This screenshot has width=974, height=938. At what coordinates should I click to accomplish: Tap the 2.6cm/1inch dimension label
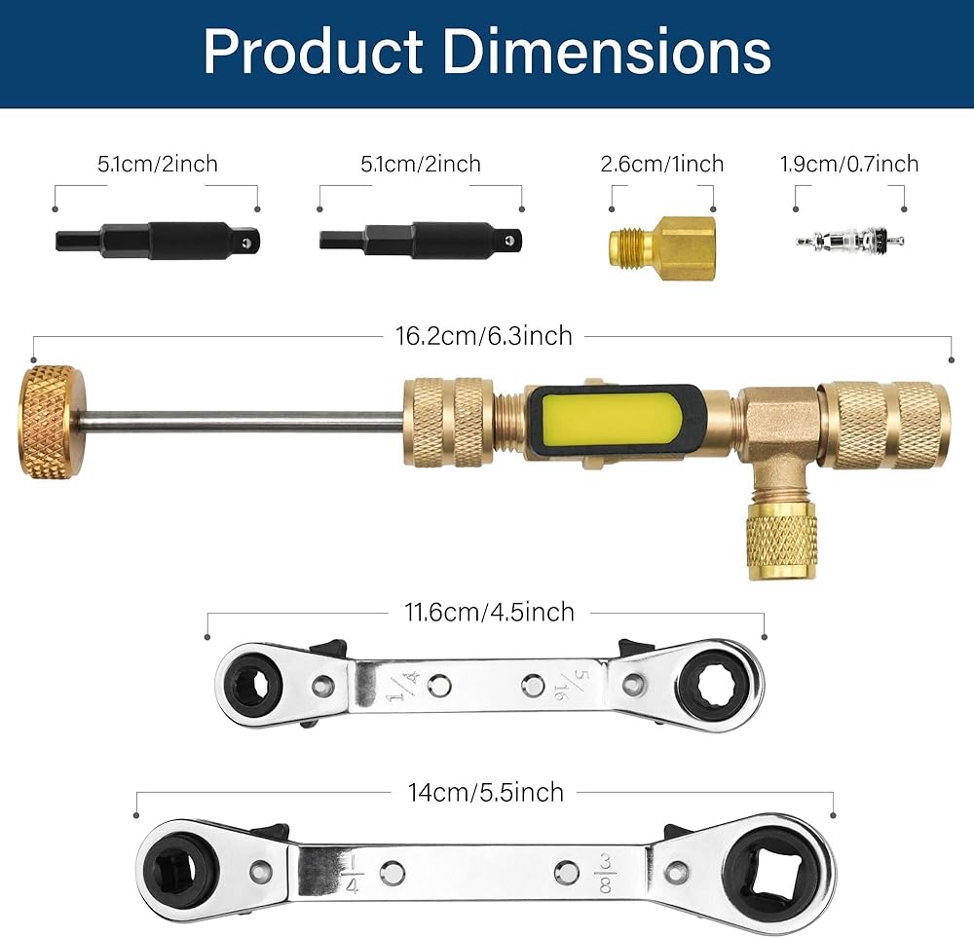(x=662, y=164)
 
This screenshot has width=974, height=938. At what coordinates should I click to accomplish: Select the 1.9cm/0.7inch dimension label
(x=849, y=164)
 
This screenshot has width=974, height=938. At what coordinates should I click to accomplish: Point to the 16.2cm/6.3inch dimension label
(x=484, y=336)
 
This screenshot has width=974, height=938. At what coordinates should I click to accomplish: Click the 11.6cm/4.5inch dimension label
(x=490, y=613)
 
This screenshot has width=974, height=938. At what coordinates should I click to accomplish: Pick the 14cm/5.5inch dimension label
(x=486, y=793)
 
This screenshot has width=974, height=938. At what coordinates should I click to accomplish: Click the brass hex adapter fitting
(x=662, y=247)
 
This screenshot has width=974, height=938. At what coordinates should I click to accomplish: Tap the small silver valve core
(x=849, y=241)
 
